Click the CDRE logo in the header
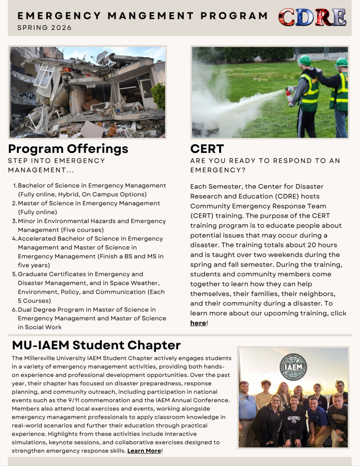(x=312, y=17)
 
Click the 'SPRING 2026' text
(x=45, y=28)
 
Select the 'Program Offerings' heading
(x=68, y=149)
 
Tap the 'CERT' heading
(x=207, y=149)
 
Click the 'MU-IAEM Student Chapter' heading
(x=96, y=345)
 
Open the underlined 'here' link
(x=198, y=323)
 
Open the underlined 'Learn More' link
(x=144, y=450)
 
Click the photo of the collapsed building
(x=87, y=92)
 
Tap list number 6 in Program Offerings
(x=14, y=310)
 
